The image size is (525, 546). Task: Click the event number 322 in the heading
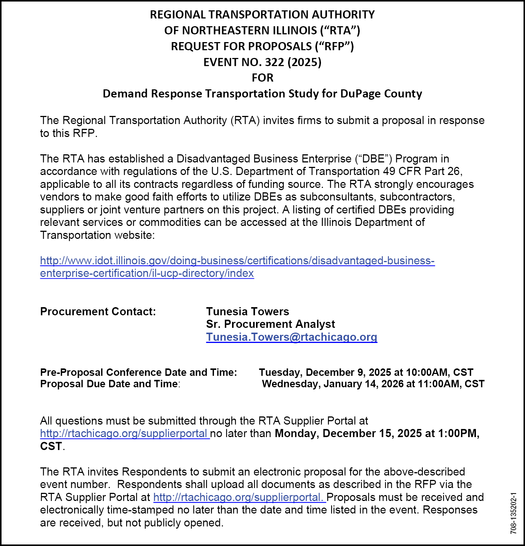tap(274, 62)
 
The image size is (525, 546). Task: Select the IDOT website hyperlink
tap(237, 267)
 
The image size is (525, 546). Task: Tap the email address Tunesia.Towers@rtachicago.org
tap(291, 337)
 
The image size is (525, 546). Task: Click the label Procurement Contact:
tap(98, 312)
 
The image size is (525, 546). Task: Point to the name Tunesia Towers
tap(248, 312)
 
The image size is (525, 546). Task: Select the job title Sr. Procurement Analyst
tap(270, 324)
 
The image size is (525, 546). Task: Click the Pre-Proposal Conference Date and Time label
tap(138, 372)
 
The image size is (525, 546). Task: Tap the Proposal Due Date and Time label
tap(110, 384)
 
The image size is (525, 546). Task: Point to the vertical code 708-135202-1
tap(514, 514)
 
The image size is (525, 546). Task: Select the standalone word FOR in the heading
tap(262, 78)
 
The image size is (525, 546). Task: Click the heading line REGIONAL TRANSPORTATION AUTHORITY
tap(262, 14)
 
